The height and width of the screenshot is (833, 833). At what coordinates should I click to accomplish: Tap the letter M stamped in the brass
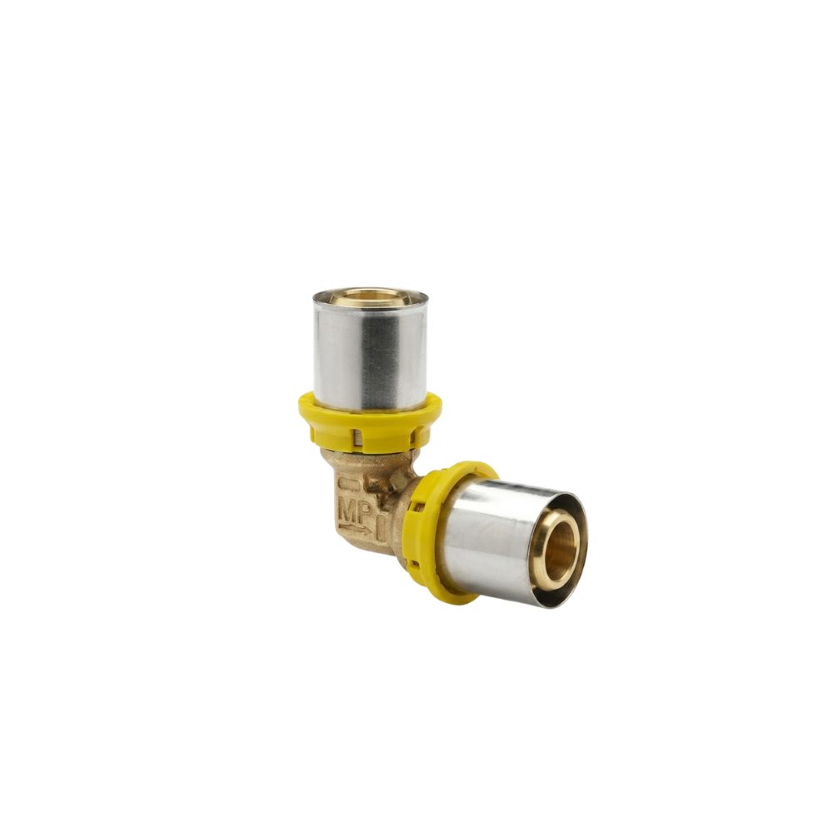pyautogui.click(x=348, y=513)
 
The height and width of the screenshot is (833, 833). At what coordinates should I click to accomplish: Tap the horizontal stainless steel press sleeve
pyautogui.click(x=510, y=542)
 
